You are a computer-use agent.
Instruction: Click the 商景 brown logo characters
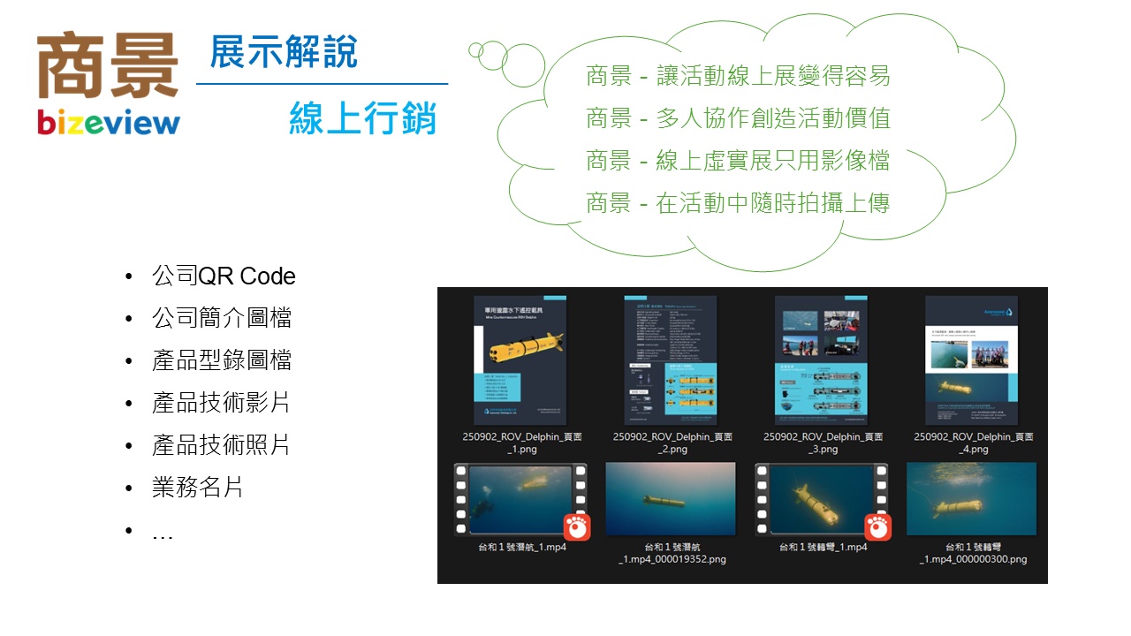click(108, 65)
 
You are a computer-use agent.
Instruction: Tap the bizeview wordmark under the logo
click(108, 123)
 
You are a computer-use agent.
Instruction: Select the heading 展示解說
click(284, 52)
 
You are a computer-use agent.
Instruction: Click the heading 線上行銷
click(363, 117)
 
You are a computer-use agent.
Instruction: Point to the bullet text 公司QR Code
click(224, 276)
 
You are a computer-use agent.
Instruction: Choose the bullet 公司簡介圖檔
click(222, 318)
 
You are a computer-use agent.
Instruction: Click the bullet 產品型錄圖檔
click(222, 360)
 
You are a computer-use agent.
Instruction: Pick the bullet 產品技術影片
click(222, 403)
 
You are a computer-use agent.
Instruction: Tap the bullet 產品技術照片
click(222, 445)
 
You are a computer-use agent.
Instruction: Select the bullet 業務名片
click(198, 488)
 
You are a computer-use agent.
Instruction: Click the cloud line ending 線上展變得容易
click(738, 76)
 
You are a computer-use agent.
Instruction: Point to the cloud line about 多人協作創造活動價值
click(738, 118)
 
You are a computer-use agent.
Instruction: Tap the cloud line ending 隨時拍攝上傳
click(738, 203)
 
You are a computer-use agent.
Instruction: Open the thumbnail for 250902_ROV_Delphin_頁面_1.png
click(520, 360)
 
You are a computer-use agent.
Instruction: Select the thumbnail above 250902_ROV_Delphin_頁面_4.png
click(972, 360)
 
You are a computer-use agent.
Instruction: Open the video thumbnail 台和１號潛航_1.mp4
click(520, 500)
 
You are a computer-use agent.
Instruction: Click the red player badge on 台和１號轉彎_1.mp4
click(877, 526)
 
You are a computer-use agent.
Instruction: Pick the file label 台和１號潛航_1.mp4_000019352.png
click(672, 553)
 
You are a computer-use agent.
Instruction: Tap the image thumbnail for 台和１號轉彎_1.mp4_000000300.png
click(972, 499)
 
